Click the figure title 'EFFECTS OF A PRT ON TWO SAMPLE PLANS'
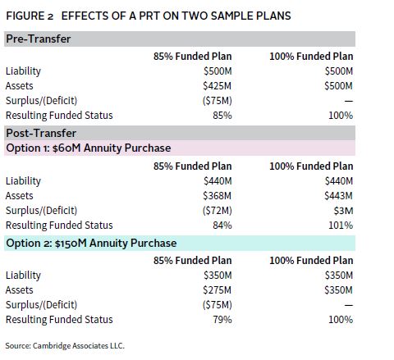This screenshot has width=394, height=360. coord(176,16)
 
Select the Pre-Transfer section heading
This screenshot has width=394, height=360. coord(39,39)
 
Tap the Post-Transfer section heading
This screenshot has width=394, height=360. coord(41,133)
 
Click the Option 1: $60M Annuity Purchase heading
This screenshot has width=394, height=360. coord(89,148)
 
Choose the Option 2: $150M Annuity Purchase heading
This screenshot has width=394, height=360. coord(91,243)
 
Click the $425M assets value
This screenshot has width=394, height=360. coord(218,86)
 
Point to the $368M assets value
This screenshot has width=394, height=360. coord(218,196)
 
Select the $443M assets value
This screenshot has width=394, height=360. coord(338,196)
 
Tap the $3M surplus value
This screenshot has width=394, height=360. coord(343,211)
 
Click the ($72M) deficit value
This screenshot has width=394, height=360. coord(218,211)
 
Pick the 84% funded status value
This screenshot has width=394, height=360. coord(222,226)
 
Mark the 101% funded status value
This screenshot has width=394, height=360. coord(341,226)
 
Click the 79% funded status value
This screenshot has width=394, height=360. coord(222,320)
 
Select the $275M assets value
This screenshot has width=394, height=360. coord(218,290)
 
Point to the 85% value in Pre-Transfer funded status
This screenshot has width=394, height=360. coord(222,116)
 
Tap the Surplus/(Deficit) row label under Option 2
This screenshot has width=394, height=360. coord(41,305)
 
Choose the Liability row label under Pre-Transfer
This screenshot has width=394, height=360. coord(23,71)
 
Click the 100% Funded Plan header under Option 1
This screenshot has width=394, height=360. coord(311,166)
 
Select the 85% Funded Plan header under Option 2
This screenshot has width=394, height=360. coord(192,261)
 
